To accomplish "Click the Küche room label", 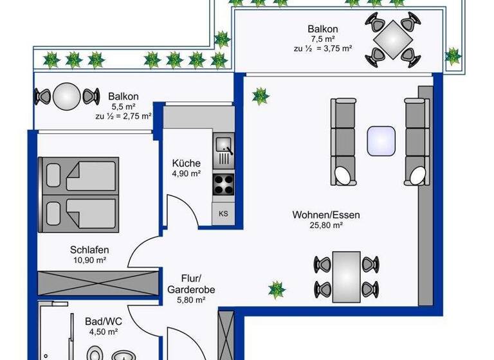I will pyautogui.click(x=187, y=163).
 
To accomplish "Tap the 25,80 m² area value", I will pyautogui.click(x=325, y=226).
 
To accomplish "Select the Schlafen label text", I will pyautogui.click(x=89, y=250).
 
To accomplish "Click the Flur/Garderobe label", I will pyautogui.click(x=187, y=284).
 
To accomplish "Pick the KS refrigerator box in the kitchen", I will pyautogui.click(x=223, y=213).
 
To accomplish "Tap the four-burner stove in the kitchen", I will pyautogui.click(x=223, y=184).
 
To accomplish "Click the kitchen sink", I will pyautogui.click(x=224, y=148).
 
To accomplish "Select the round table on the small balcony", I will pyautogui.click(x=66, y=97).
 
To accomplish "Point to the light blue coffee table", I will pyautogui.click(x=380, y=141).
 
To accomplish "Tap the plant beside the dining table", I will pyautogui.click(x=277, y=289).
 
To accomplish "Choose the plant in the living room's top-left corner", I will pyautogui.click(x=260, y=96).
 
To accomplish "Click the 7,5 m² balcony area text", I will pyautogui.click(x=322, y=39).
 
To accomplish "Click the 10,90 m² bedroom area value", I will pyautogui.click(x=89, y=260).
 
